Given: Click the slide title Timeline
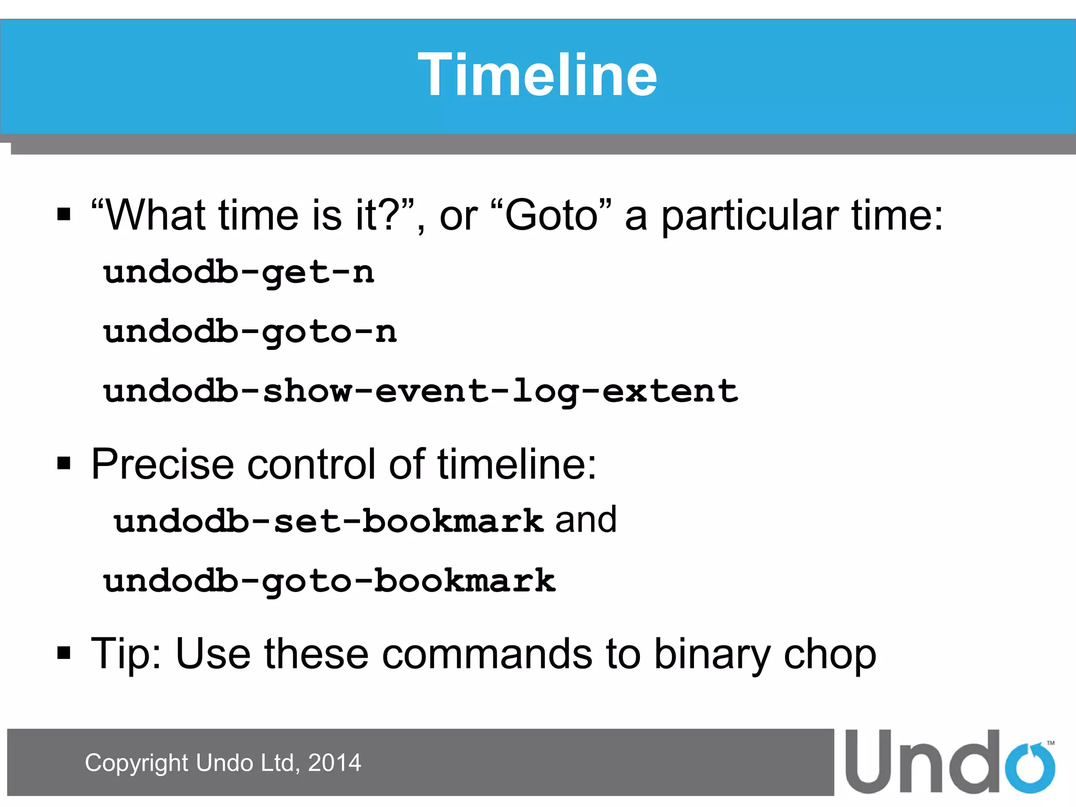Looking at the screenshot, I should [x=537, y=75].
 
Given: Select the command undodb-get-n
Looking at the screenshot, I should [x=239, y=273].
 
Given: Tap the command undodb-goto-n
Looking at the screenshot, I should [x=250, y=332].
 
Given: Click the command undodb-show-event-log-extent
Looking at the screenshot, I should [x=420, y=391].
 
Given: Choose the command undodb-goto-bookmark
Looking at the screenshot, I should [x=329, y=581].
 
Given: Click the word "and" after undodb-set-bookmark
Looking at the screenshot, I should [x=586, y=520].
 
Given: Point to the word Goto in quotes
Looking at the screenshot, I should [x=551, y=215].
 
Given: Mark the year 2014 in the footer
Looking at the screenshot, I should [x=335, y=763].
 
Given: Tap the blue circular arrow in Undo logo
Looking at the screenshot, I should [x=1030, y=768].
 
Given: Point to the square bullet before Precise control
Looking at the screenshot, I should [x=64, y=464].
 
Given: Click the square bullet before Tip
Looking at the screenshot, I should [x=64, y=653].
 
